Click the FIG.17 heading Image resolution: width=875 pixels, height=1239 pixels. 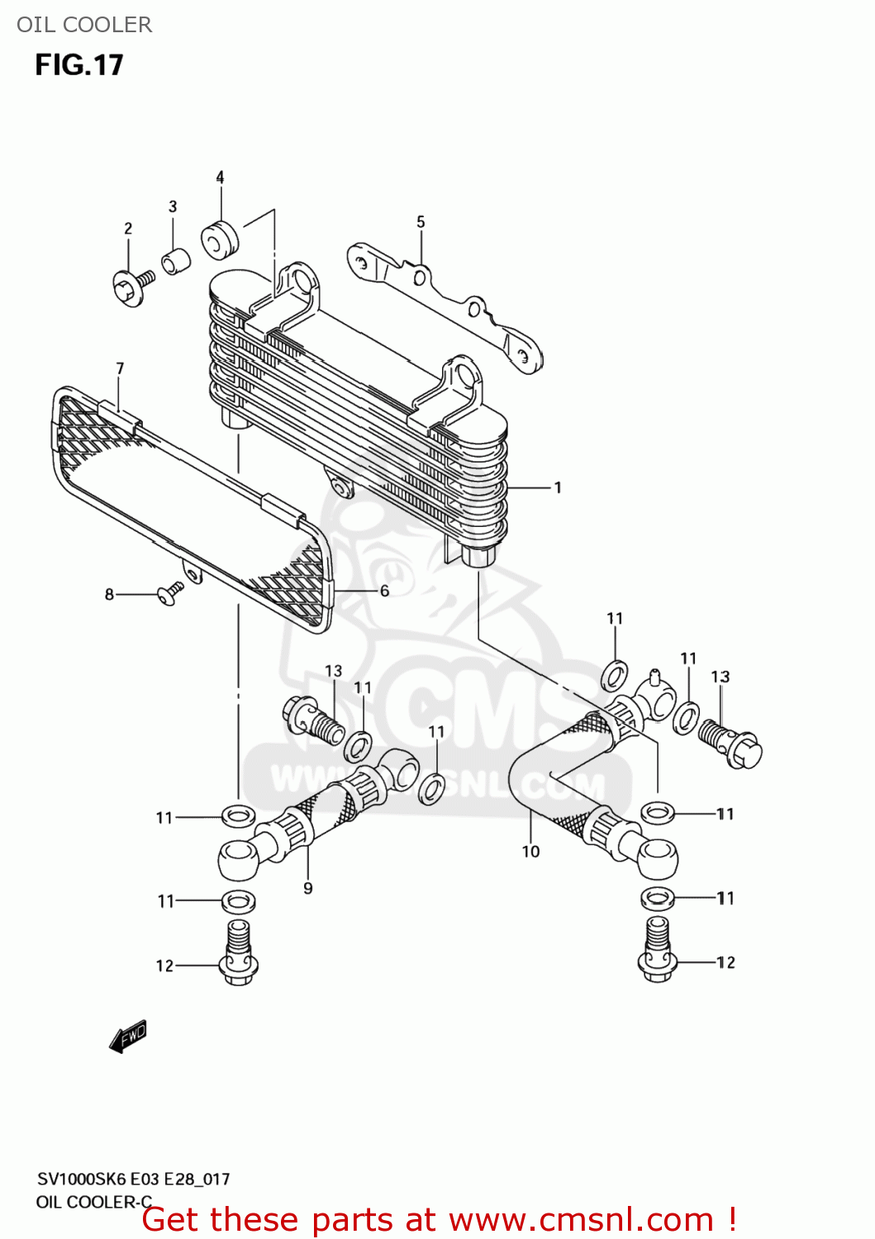[x=79, y=65]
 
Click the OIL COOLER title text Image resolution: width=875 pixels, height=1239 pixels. [x=84, y=25]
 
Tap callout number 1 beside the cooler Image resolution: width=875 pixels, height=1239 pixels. [x=558, y=487]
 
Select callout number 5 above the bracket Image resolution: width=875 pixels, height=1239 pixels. [x=421, y=221]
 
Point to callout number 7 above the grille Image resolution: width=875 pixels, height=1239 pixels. [x=120, y=368]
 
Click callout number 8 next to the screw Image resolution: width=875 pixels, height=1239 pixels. [x=109, y=594]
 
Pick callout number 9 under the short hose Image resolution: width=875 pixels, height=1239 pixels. [x=308, y=889]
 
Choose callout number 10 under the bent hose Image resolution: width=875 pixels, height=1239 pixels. [x=530, y=852]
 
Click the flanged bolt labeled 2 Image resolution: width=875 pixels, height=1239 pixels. [x=131, y=287]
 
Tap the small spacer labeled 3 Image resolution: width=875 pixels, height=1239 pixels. [x=175, y=261]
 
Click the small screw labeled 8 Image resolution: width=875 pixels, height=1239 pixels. [x=170, y=592]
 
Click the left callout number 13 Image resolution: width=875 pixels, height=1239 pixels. [x=333, y=671]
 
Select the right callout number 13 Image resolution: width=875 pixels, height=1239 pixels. [x=720, y=676]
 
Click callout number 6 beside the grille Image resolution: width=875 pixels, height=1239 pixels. [x=384, y=591]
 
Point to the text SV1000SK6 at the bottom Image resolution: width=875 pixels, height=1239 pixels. [x=82, y=1179]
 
